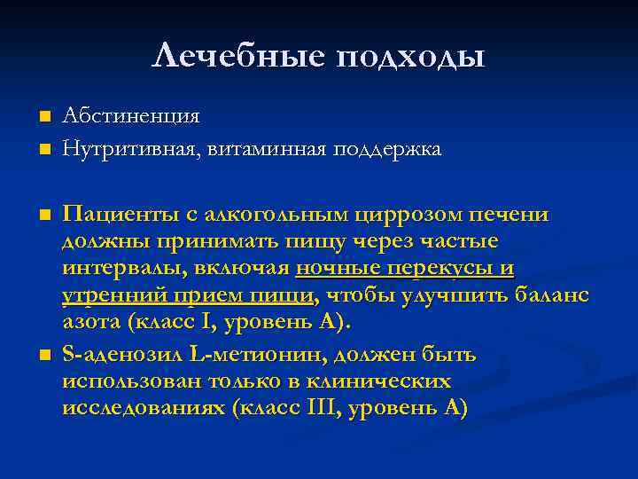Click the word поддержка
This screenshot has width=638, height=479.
[386, 149]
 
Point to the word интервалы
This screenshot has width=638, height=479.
[118, 268]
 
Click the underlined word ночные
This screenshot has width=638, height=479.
[337, 268]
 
